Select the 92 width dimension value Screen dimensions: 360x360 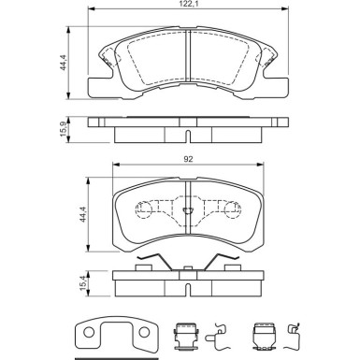(x=188, y=159)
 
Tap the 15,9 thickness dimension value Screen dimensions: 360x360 (x=64, y=129)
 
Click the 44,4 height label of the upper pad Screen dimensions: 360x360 (x=64, y=63)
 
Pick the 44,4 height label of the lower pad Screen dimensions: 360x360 (x=82, y=214)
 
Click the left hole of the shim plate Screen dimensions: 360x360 (x=89, y=332)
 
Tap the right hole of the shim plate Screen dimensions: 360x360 (x=144, y=332)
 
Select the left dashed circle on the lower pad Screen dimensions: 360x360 (x=144, y=209)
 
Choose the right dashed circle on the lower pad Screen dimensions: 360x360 (x=233, y=209)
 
